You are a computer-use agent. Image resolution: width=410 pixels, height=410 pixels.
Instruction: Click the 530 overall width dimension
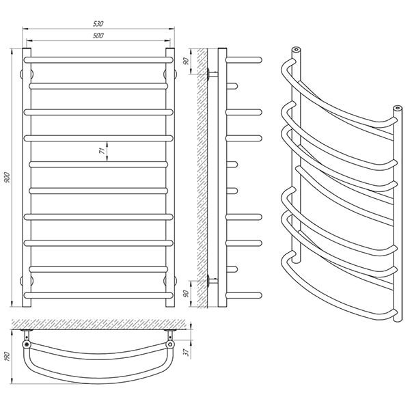(98, 23)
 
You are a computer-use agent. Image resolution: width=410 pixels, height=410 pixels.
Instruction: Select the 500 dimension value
(98, 36)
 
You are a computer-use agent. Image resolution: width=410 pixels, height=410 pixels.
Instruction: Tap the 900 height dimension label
(7, 177)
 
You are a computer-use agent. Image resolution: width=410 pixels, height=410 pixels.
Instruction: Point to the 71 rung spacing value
(102, 151)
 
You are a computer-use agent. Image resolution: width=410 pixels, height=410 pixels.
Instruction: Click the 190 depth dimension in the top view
(7, 357)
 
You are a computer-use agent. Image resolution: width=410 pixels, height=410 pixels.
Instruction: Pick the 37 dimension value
(186, 352)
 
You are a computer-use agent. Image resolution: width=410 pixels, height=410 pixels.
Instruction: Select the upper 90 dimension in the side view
(186, 61)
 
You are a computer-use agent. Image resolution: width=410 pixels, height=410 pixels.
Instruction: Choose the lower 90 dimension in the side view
(186, 294)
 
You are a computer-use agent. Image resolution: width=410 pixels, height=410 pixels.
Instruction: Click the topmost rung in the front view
(98, 60)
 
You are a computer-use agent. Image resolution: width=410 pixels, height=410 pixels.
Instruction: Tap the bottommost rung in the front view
(98, 295)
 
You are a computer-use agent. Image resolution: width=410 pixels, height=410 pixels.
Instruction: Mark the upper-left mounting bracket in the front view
(27, 74)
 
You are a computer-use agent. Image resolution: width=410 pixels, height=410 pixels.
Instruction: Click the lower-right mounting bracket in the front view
(170, 281)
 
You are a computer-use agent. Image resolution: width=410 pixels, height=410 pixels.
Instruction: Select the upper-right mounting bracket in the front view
(170, 74)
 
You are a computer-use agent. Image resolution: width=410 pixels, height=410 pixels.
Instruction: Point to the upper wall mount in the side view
(213, 74)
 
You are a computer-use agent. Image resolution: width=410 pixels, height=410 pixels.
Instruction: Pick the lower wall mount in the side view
(213, 281)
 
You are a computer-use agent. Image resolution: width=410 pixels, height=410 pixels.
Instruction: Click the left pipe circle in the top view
(27, 344)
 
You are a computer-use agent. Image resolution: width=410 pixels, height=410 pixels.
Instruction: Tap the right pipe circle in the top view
(170, 344)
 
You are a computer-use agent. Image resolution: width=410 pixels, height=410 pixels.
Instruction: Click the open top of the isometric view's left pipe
(296, 49)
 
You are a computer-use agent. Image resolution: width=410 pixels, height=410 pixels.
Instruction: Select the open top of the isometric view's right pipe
(398, 107)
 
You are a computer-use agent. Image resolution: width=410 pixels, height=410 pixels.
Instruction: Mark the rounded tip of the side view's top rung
(260, 60)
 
